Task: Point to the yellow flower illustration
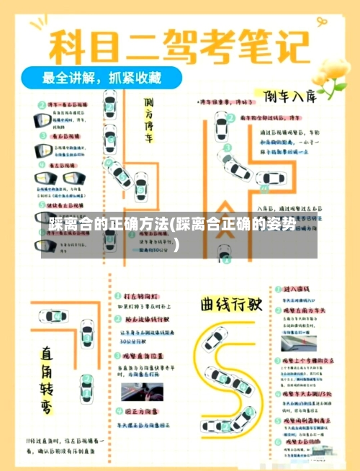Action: pyautogui.click(x=328, y=80)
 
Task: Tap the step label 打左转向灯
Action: pyautogui.click(x=141, y=296)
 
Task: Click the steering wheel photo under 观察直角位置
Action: pyautogui.click(x=140, y=393)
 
